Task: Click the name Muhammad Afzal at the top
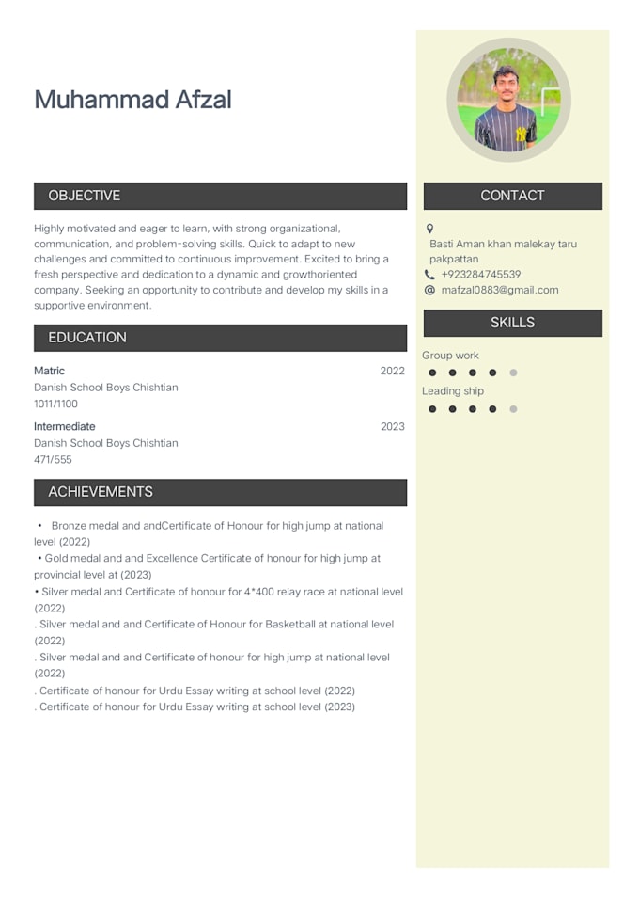[x=132, y=100]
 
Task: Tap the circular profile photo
[x=508, y=101]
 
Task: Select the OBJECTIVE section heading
[x=85, y=196]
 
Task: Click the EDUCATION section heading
[x=87, y=338]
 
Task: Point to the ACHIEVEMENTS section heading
[x=101, y=492]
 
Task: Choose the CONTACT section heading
[x=512, y=196]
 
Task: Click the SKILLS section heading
[x=512, y=323]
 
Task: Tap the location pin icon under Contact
[x=430, y=229]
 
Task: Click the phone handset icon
[x=430, y=275]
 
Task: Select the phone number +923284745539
[x=481, y=275]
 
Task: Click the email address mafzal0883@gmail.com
[x=500, y=290]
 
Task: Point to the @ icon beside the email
[x=430, y=290]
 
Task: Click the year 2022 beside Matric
[x=393, y=371]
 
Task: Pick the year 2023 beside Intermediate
[x=393, y=426]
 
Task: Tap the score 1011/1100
[x=56, y=404]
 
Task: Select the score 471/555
[x=53, y=459]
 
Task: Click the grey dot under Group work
[x=513, y=373]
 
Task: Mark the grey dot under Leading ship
[x=513, y=409]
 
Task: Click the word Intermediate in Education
[x=65, y=426]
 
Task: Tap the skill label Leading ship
[x=453, y=391]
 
